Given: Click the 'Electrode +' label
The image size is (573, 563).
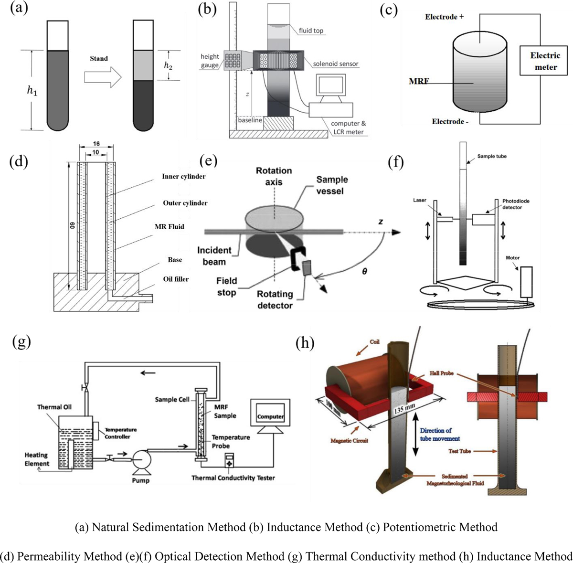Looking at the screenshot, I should [x=444, y=17].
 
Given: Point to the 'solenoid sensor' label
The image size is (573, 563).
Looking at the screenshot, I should [x=336, y=64].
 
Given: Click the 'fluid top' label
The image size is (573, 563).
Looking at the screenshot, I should [x=311, y=31].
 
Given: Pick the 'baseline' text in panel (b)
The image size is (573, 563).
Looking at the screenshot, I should [x=250, y=120].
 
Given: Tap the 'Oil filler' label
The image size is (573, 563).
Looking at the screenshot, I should [x=176, y=279].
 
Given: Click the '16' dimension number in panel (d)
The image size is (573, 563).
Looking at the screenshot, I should [x=96, y=144].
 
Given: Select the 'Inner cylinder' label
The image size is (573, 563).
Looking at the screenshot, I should [x=184, y=177].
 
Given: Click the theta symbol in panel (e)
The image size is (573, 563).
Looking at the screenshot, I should [x=365, y=271].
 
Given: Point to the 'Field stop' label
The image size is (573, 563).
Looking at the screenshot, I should [x=226, y=287].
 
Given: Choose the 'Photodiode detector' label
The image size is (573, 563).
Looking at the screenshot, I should [x=515, y=204].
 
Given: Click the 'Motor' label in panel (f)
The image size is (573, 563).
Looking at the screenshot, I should [x=512, y=258].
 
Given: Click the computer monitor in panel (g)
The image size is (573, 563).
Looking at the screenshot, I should [x=270, y=416].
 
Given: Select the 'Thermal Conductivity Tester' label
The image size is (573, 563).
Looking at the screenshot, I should [x=233, y=478].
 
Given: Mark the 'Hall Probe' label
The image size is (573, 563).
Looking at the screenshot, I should [x=441, y=373].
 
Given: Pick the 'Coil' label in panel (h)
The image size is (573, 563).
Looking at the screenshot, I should [x=374, y=342].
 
